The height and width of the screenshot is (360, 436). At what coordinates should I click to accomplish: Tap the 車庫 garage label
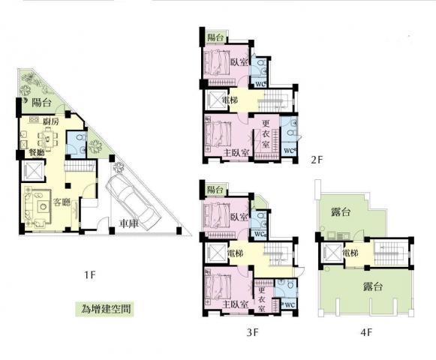coord(129,223)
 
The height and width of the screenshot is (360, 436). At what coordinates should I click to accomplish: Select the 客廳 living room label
coord(62,202)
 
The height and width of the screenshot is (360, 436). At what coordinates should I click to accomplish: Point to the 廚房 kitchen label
coord(51,121)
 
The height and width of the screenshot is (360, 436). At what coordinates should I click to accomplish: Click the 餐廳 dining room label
coord(37,152)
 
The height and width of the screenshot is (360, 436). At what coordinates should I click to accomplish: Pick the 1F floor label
coord(90,275)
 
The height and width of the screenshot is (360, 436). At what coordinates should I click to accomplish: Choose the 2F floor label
coord(317,160)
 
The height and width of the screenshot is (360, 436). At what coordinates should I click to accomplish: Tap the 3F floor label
coord(252,332)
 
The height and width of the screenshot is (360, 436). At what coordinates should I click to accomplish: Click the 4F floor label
coord(366,332)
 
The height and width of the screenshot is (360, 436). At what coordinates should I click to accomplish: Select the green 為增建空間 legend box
coord(105,309)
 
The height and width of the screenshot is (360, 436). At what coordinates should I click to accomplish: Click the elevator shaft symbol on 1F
coord(33,170)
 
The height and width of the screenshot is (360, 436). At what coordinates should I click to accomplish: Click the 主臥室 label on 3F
coord(235,304)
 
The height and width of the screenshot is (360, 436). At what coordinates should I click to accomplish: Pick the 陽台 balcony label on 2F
coord(215,37)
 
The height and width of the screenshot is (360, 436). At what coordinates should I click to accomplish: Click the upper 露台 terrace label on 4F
coord(341,212)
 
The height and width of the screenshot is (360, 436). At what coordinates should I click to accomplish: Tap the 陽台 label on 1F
coord(41,103)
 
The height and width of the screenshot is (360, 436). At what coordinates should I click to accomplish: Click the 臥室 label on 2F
coord(239,62)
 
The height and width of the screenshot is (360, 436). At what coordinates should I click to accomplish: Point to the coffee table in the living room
coord(44,206)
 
